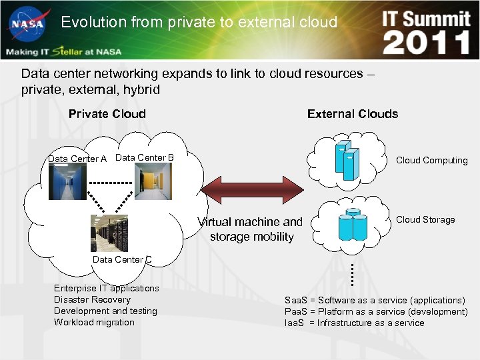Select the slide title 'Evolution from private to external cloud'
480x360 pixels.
[199, 22]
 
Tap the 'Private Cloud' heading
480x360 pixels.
[107, 114]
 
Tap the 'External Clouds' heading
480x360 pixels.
[352, 114]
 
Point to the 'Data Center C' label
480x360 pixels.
[122, 259]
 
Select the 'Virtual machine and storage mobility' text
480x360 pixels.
[251, 229]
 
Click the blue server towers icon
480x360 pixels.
[347, 161]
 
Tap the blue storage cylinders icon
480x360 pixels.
[353, 225]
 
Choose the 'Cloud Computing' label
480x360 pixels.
[431, 160]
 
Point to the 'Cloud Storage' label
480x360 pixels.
[425, 219]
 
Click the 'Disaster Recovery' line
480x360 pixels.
[92, 299]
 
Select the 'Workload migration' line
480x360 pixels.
[94, 322]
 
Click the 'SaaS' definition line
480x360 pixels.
[375, 300]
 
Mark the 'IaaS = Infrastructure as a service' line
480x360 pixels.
[354, 323]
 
